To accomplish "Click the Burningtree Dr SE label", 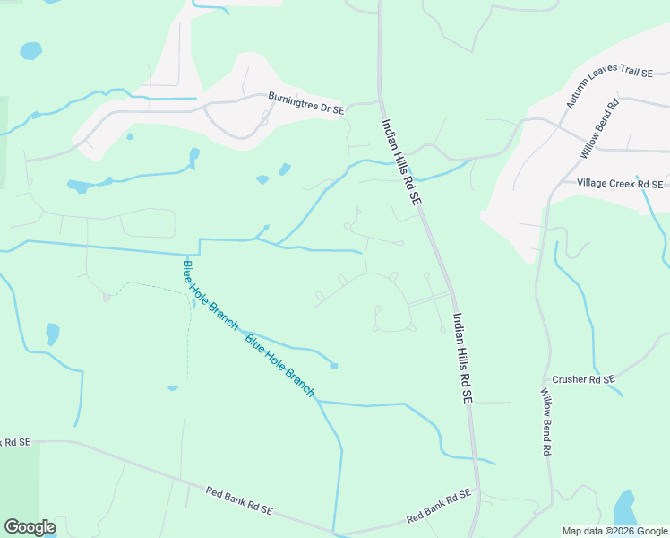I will [306, 103].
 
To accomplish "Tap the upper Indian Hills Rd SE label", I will [400, 164].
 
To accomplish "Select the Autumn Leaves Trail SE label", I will [598, 75].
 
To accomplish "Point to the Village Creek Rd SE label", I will [619, 183].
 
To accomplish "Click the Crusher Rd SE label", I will [584, 379].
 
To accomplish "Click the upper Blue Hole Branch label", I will [210, 293].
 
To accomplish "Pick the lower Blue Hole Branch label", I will [279, 364].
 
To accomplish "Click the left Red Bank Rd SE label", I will [238, 499].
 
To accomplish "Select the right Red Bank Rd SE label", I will [439, 507].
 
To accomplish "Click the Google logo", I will [30, 526].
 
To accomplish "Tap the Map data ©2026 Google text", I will [614, 531].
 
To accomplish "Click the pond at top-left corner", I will [31, 50].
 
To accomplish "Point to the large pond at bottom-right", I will [624, 509].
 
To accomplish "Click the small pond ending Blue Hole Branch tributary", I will [334, 365].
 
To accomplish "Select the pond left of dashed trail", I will [53, 334].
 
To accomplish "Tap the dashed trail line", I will [188, 332].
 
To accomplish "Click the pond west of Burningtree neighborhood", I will [80, 186].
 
